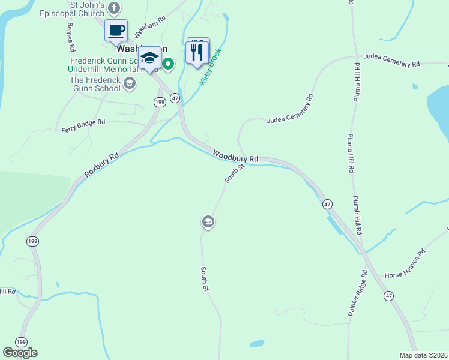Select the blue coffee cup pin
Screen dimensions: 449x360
pyautogui.click(x=116, y=30)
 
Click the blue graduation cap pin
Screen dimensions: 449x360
pyautogui.click(x=149, y=58)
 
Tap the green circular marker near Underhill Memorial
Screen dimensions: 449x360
pyautogui.click(x=169, y=64)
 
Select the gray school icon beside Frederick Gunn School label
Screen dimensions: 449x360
pyautogui.click(x=129, y=88)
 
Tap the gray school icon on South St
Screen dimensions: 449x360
pyautogui.click(x=208, y=223)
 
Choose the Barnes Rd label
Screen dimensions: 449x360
pyautogui.click(x=71, y=37)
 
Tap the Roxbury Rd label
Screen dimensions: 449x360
pyautogui.click(x=101, y=164)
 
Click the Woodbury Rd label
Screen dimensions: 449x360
pyautogui.click(x=234, y=155)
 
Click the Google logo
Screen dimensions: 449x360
pyautogui.click(x=20, y=353)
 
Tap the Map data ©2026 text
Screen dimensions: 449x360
pyautogui.click(x=423, y=355)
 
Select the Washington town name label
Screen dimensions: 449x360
pyautogui.click(x=142, y=48)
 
